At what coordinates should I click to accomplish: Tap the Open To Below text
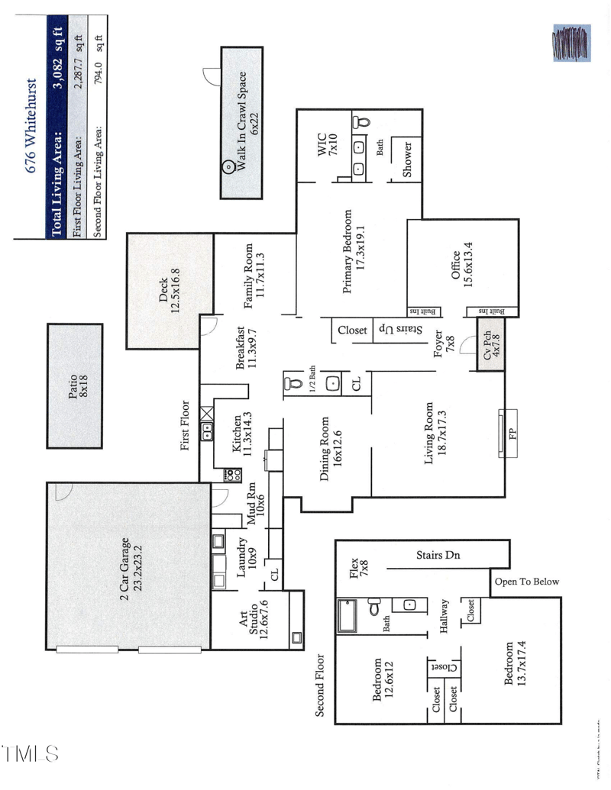point(527,582)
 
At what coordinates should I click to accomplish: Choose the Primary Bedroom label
point(353,252)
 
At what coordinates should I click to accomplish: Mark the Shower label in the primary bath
point(407,160)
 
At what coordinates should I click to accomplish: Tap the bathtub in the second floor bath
point(348,615)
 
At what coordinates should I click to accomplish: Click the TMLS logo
point(31,753)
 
